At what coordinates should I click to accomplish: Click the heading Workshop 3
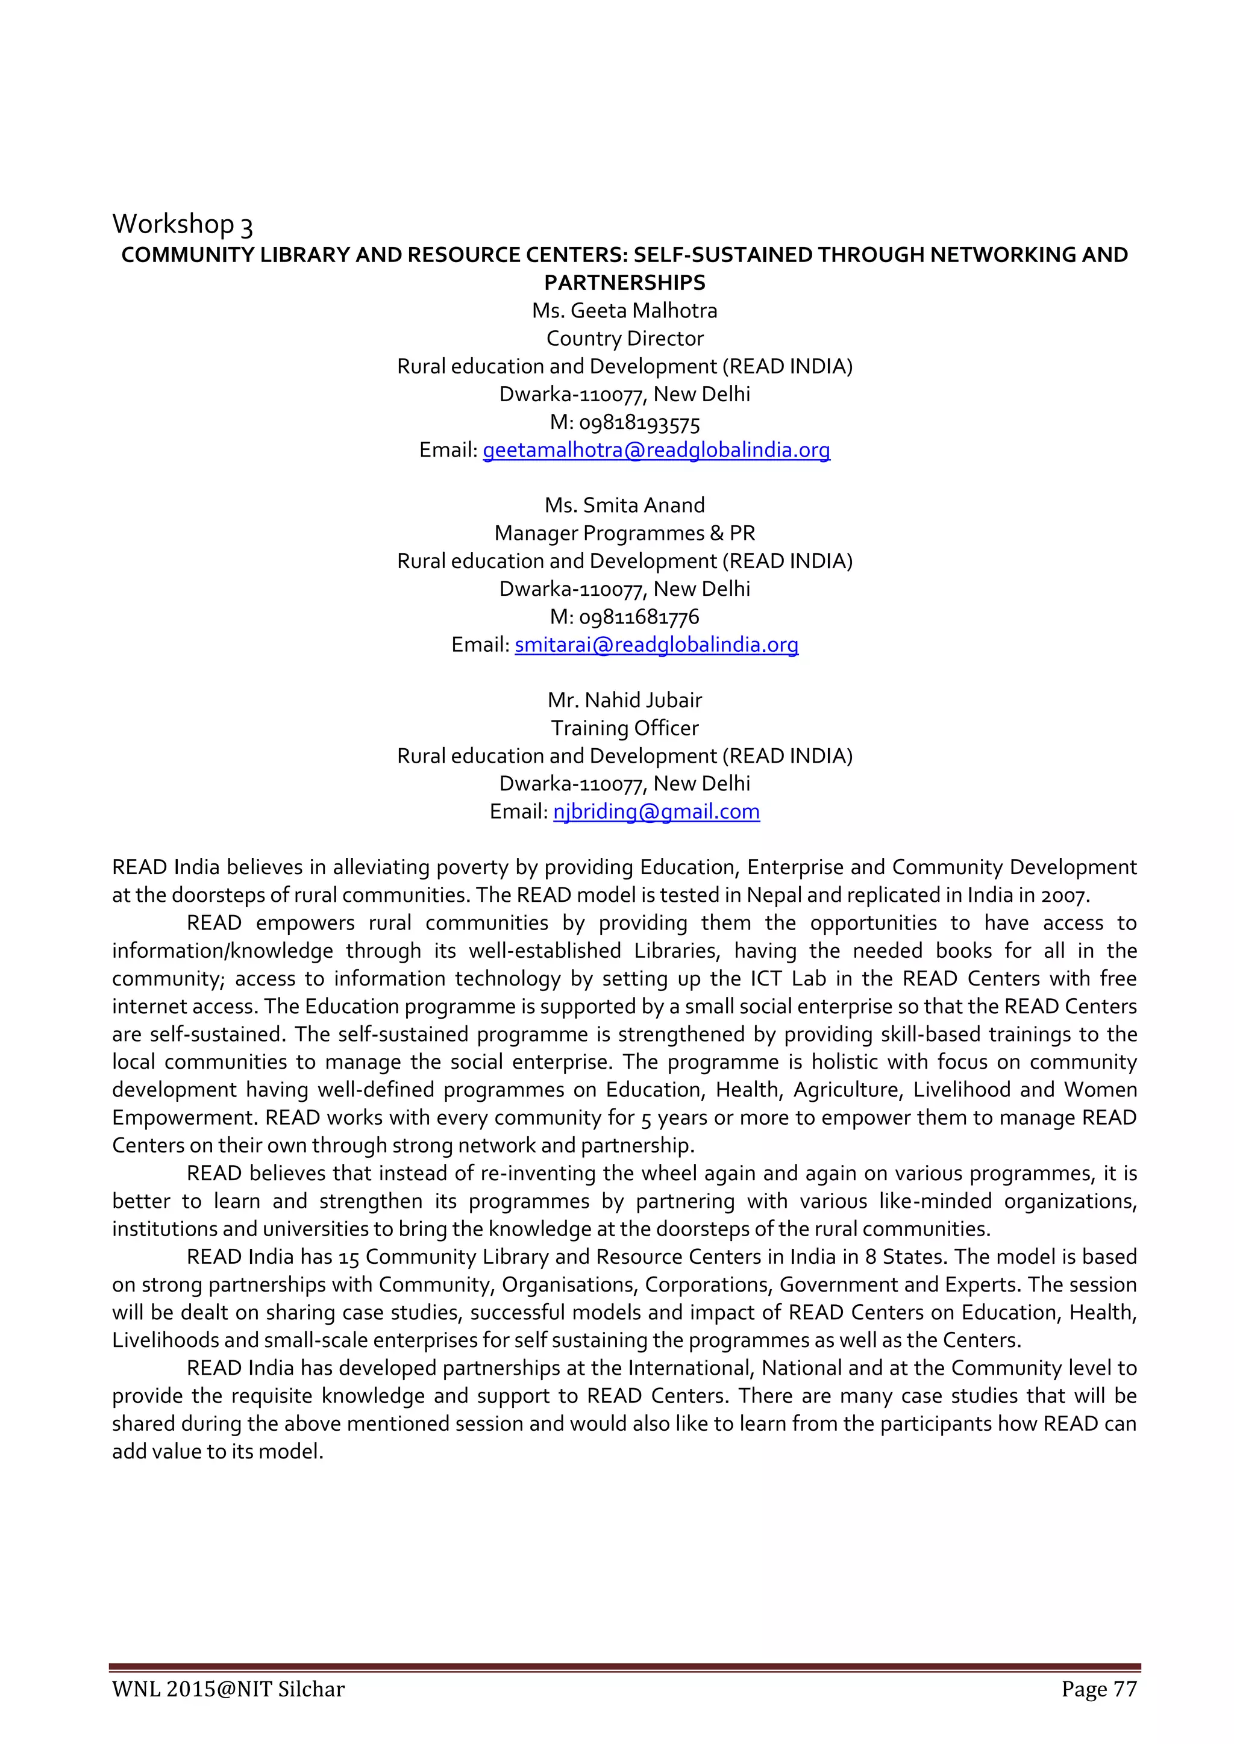[x=183, y=225]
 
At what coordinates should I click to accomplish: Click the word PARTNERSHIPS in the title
[x=625, y=283]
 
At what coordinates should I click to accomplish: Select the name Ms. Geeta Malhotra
[x=625, y=311]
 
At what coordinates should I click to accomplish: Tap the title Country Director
[x=625, y=339]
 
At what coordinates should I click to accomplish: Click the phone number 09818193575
[x=639, y=423]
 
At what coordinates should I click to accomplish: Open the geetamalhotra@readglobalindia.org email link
[x=657, y=451]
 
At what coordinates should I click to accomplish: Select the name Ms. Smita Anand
[x=625, y=505]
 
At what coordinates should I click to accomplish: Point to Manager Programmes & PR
[x=625, y=533]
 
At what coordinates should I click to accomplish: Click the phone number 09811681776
[x=639, y=617]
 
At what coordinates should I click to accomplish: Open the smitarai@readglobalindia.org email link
[x=657, y=645]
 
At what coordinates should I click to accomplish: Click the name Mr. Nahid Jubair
[x=625, y=701]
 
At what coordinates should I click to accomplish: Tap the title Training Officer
[x=625, y=728]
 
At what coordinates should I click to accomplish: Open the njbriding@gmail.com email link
[x=657, y=812]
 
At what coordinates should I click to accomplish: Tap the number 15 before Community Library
[x=349, y=1258]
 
